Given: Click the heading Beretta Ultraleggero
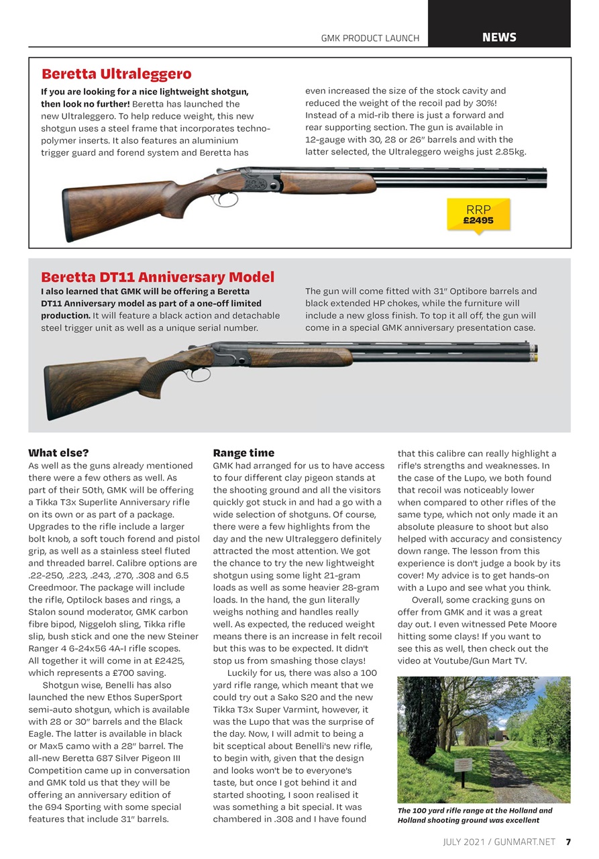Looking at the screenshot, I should coord(117,74).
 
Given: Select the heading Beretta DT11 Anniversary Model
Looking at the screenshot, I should coord(158,276).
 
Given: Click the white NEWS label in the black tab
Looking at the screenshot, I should coord(499,38).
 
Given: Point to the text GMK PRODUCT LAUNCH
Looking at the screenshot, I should coord(370,38).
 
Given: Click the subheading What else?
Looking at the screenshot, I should coord(58,453).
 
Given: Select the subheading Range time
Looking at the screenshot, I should coord(243,453).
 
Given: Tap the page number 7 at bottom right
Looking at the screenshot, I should coord(567,842).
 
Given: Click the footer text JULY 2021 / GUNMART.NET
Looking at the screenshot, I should coord(500,842).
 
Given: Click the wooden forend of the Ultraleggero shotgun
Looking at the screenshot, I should coord(327,183).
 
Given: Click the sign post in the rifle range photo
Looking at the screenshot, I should coord(463,766).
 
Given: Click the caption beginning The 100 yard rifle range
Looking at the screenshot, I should coord(475,815).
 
